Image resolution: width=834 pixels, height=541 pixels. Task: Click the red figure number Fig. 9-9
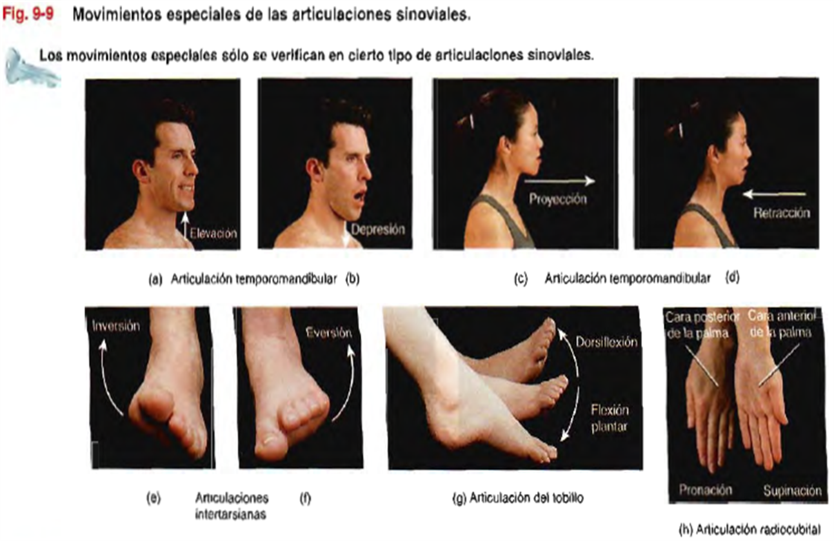pos(28,14)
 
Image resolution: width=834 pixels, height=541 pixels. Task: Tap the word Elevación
pos(213,234)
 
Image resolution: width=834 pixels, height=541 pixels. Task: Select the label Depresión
pos(377,230)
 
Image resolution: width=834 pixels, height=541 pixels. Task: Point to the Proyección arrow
pos(559,181)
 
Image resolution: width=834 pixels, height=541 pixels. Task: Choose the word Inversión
pos(116,327)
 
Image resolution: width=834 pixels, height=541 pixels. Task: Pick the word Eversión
pos(328,332)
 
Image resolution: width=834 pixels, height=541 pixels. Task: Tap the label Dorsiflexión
pos(606,342)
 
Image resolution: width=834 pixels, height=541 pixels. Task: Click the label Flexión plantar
pos(609,418)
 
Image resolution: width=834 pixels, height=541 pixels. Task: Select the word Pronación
pos(706,489)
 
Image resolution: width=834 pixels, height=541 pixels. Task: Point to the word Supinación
pos(792,491)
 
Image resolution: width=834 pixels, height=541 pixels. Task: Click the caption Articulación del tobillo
pos(526,498)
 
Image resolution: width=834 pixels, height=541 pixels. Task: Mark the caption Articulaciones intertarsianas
pos(232,506)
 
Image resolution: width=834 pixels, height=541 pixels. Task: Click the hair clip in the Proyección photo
pos(471,121)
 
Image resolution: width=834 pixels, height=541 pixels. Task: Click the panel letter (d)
pos(732,277)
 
